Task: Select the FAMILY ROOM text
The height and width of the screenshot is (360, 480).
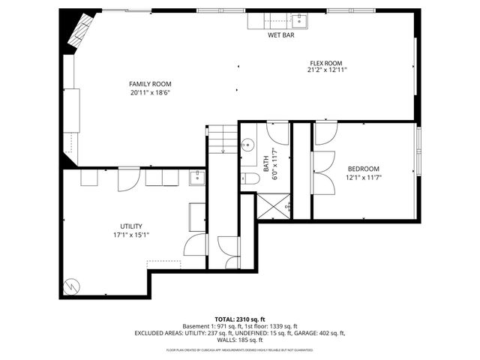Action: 150,84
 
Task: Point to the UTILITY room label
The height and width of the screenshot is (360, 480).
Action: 131,226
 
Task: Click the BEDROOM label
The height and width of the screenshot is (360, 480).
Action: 363,169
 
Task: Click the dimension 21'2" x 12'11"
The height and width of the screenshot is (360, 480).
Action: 326,70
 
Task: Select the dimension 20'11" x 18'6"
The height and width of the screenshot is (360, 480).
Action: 150,92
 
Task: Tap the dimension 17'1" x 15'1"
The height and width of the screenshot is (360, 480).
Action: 131,234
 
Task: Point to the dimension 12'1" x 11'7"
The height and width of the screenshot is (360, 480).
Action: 363,178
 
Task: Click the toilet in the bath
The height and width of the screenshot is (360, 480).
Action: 250,178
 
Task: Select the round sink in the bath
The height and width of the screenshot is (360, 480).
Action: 247,145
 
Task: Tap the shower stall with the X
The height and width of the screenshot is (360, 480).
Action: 274,205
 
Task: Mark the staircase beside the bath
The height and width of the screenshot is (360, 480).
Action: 222,139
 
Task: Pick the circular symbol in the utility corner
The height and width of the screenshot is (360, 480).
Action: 70,285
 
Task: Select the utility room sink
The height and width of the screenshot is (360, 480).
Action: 197,177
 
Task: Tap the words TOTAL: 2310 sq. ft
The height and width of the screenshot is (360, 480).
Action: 239,319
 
